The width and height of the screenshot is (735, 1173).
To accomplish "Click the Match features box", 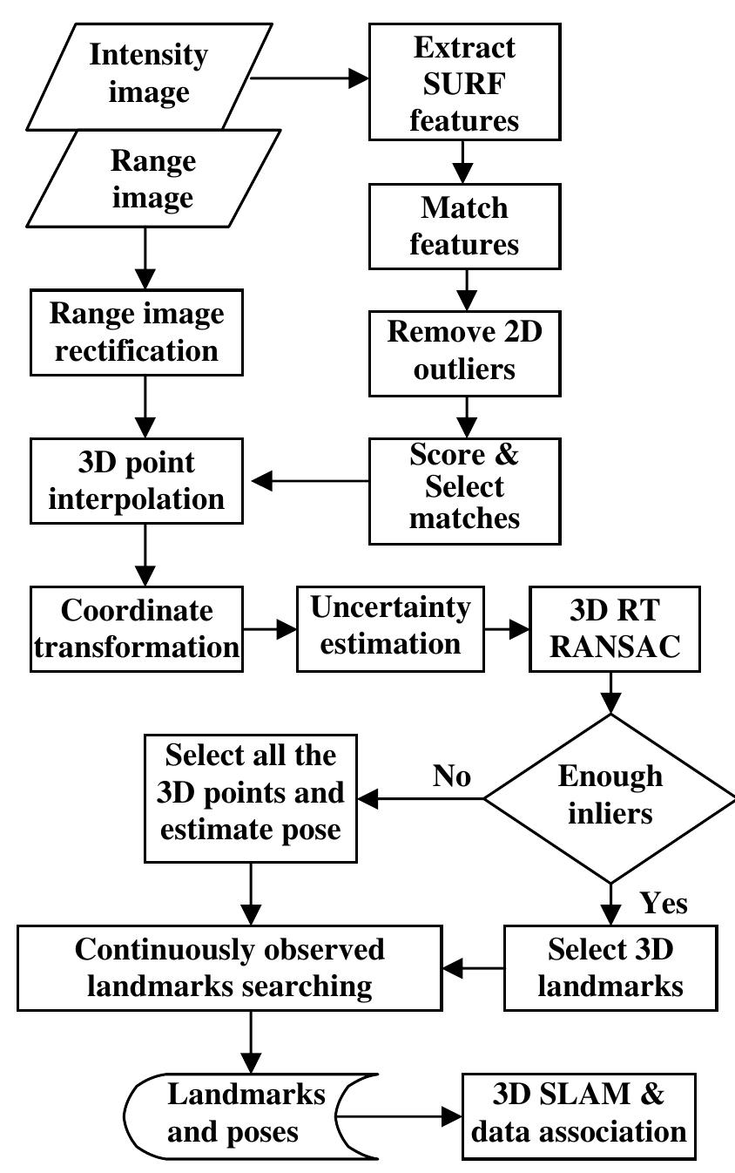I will click(x=464, y=225).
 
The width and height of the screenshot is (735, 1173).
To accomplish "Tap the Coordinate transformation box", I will click(x=136, y=628).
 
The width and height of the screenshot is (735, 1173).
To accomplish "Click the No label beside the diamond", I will click(x=452, y=776).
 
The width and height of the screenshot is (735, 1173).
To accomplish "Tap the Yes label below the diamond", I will click(x=664, y=904).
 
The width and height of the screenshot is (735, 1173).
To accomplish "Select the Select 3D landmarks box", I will click(x=610, y=967).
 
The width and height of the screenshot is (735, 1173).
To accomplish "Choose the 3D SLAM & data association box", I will click(x=577, y=1114).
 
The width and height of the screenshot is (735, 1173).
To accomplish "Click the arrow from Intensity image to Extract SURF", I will click(x=308, y=78).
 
